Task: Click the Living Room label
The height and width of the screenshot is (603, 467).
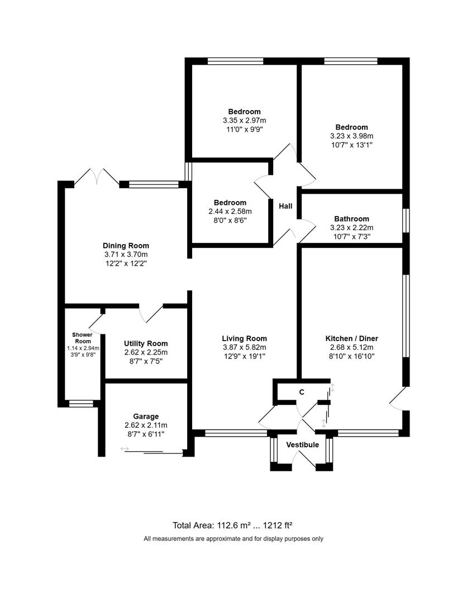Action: point(244,338)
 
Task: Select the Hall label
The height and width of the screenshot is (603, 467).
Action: point(285,206)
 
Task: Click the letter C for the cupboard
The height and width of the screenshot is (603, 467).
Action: point(302,392)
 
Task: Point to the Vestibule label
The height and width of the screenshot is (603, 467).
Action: point(302,445)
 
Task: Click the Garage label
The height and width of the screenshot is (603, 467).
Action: point(146,416)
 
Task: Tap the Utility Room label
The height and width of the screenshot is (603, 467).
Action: point(146,343)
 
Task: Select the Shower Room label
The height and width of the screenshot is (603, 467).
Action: point(82,338)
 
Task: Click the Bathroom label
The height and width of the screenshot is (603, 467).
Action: point(352,219)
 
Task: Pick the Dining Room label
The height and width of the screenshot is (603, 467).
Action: point(126,245)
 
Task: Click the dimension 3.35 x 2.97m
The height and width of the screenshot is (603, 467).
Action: point(244,120)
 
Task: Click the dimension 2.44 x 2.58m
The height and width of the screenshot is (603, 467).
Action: point(230,211)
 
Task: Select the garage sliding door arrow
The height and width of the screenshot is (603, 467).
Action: point(124,449)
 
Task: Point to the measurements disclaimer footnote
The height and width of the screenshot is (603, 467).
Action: point(233,539)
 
